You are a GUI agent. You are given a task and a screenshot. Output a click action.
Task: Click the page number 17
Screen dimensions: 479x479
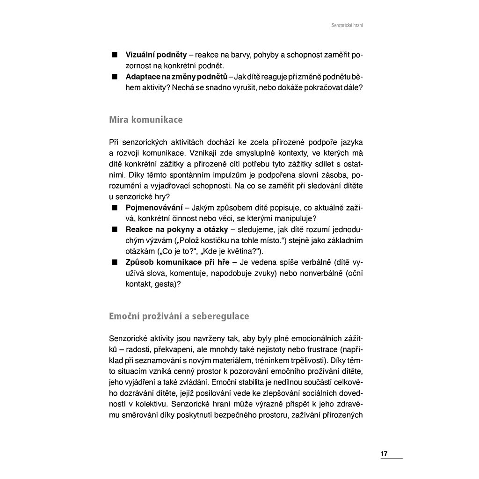pyautogui.click(x=384, y=454)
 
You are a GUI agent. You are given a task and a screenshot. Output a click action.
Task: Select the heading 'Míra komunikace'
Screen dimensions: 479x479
pyautogui.click(x=145, y=120)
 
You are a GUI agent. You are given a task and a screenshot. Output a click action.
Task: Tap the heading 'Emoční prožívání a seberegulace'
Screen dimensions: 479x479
pyautogui.click(x=179, y=316)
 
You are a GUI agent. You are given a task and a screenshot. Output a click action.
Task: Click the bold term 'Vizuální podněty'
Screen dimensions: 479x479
pyautogui.click(x=156, y=55)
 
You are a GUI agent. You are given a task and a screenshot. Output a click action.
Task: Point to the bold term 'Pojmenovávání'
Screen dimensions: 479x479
pyautogui.click(x=154, y=207)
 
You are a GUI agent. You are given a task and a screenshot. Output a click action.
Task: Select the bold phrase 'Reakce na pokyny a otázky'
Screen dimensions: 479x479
pyautogui.click(x=177, y=229)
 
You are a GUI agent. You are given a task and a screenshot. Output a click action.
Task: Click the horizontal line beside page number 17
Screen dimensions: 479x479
pyautogui.click(x=396, y=457)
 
